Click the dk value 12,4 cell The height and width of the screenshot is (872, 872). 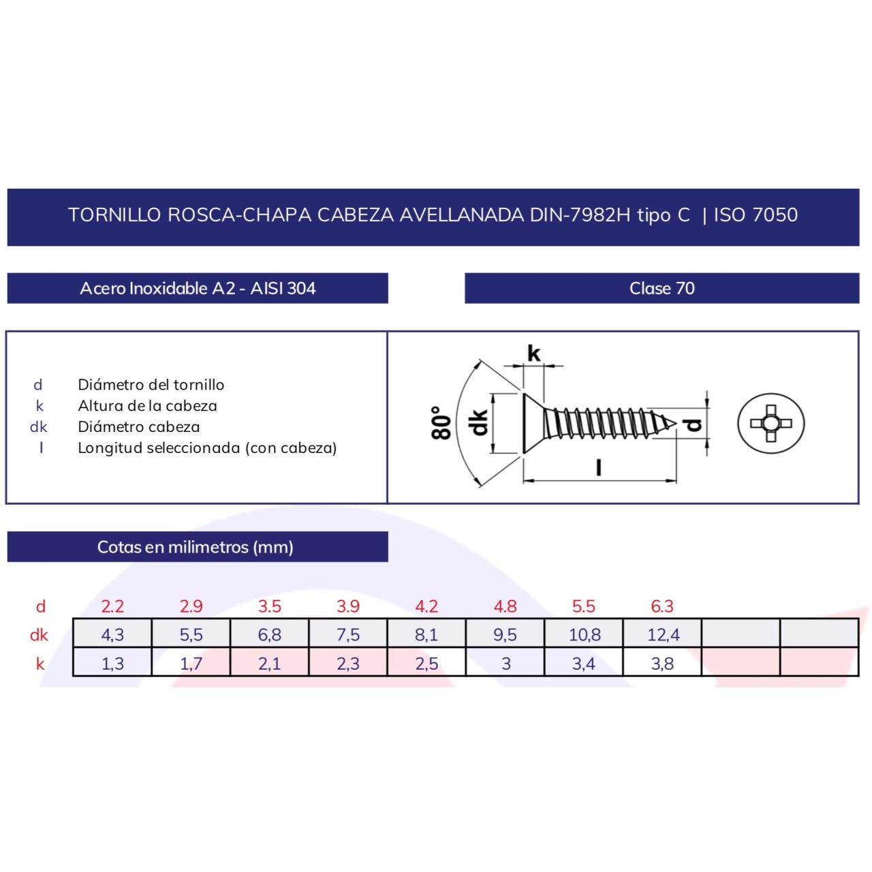click(x=663, y=634)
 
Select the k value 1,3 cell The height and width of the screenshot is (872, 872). click(x=112, y=663)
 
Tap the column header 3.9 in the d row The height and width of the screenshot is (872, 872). click(x=348, y=606)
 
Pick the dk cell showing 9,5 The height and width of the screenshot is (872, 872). click(x=505, y=634)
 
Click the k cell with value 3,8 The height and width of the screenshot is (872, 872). click(x=662, y=663)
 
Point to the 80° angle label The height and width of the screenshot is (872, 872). click(x=441, y=423)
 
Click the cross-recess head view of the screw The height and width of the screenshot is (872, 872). click(x=770, y=423)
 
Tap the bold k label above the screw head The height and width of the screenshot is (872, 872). click(x=533, y=353)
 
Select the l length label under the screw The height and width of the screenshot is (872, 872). click(x=598, y=467)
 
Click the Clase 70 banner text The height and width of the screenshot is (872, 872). click(x=661, y=288)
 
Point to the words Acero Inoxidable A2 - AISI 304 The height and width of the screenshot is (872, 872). click(x=198, y=288)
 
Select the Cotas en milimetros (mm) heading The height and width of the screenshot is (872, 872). click(x=196, y=547)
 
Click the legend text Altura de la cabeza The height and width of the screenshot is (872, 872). click(x=147, y=406)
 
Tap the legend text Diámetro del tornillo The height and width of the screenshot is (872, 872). click(x=151, y=385)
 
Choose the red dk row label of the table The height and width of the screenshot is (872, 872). click(x=39, y=635)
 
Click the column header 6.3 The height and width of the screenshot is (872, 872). click(x=662, y=606)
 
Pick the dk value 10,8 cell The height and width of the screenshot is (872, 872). click(x=585, y=634)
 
